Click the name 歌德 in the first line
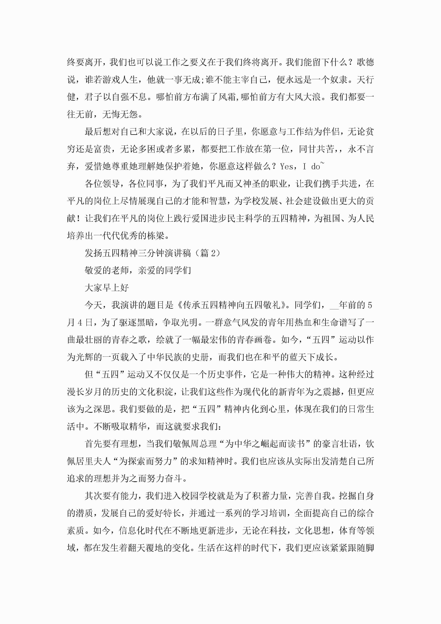point(365,62)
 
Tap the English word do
point(315,167)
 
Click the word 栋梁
point(156,236)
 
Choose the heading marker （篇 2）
point(208,253)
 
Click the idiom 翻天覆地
point(147,548)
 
